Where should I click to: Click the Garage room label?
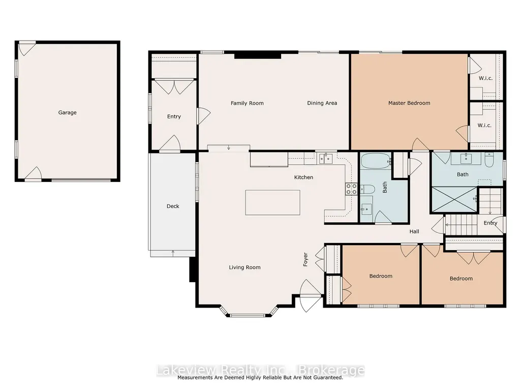(68, 112)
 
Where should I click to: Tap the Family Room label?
(247, 103)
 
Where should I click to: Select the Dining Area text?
(322, 103)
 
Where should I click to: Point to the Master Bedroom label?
(409, 103)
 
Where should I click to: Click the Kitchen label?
(303, 177)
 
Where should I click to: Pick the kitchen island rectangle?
(273, 202)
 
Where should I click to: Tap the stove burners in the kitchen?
(351, 189)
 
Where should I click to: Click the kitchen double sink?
(326, 159)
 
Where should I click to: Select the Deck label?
(173, 206)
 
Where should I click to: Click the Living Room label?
(244, 267)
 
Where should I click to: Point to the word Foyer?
(305, 259)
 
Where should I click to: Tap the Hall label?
(414, 231)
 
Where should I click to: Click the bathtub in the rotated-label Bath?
(376, 161)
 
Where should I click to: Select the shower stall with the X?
(454, 199)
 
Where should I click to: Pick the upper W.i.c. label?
(485, 78)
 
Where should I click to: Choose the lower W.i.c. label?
(484, 126)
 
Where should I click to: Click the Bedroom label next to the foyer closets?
(381, 276)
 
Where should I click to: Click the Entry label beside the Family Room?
(174, 117)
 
